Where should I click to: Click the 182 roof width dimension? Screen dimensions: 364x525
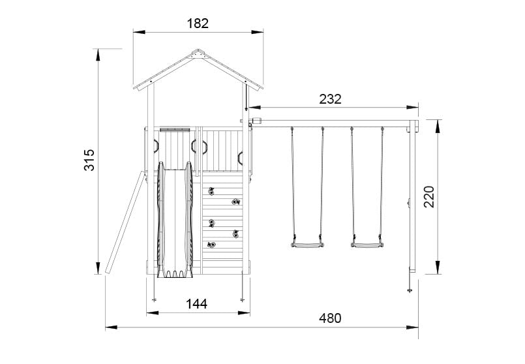point(198,23)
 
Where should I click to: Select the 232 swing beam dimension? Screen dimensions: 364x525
point(330,99)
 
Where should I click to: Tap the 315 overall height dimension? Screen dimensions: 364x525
point(89,160)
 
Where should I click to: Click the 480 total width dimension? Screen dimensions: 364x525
point(330,318)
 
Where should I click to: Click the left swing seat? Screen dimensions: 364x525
point(307,245)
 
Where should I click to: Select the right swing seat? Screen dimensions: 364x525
point(367,245)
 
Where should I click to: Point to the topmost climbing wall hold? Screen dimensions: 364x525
point(211,191)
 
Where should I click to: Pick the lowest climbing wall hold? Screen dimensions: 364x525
point(211,245)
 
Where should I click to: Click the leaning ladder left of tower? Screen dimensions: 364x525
point(124,222)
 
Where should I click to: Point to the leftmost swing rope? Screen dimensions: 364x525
point(292,183)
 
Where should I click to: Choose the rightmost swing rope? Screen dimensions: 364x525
point(382,183)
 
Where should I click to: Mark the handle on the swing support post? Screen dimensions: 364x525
point(408,204)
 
